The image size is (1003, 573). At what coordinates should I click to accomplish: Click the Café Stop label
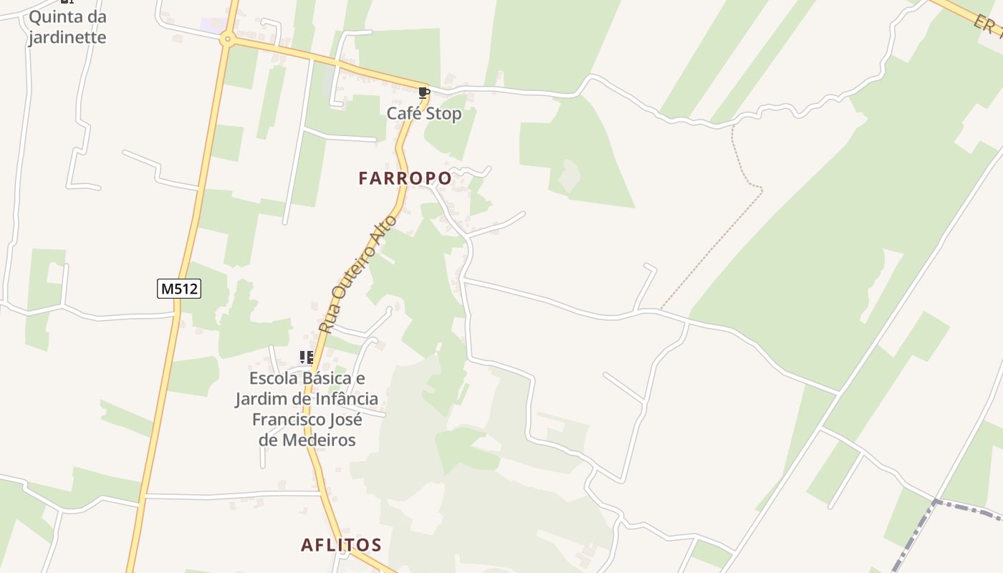pos(424,113)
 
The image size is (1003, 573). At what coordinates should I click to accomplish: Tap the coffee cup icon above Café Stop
pos(423,92)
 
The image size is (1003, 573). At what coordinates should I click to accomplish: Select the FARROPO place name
pos(405,178)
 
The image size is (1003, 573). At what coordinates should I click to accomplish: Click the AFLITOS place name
pos(341,545)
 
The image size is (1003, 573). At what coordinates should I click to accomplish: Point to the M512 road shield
pos(179,289)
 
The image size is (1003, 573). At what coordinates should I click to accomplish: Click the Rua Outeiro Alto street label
pos(357,275)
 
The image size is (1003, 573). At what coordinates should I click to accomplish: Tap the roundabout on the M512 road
pos(228,39)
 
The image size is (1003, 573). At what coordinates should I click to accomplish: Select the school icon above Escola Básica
pos(307,357)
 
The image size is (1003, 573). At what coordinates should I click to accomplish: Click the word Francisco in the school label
pos(286,419)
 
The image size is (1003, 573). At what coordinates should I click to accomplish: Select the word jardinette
pos(67,37)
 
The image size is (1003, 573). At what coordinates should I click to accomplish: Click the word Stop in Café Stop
pos(444,113)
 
